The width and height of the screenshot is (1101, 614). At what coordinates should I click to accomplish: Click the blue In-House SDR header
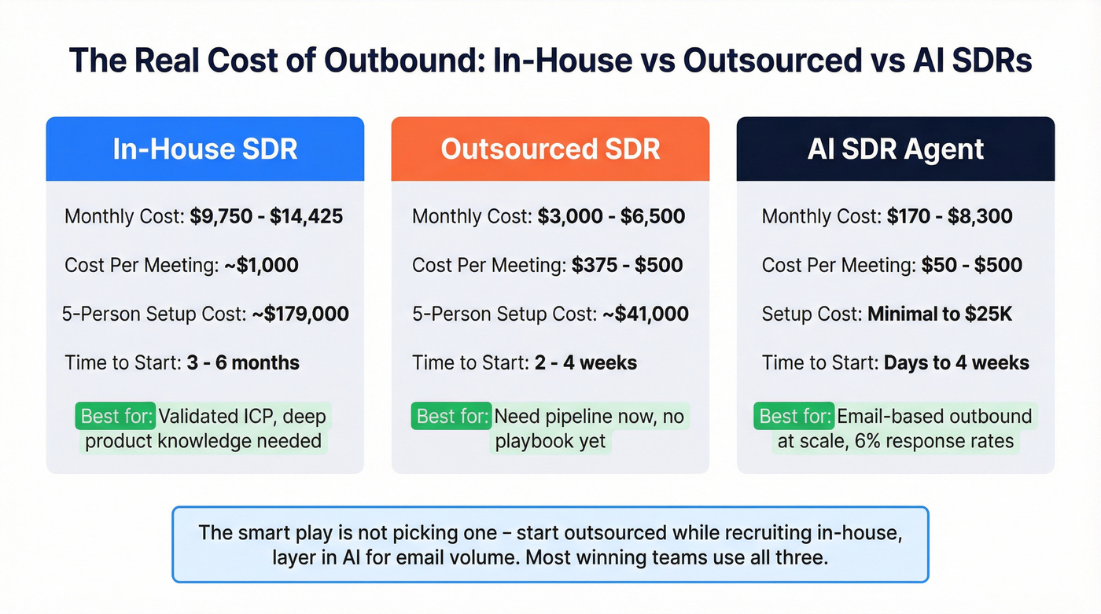pyautogui.click(x=204, y=149)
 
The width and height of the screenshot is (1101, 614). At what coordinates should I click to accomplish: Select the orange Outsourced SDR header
pyautogui.click(x=550, y=149)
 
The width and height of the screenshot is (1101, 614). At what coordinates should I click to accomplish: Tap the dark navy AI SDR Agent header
pyautogui.click(x=895, y=149)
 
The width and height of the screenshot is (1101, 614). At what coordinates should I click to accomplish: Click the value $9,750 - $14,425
pyautogui.click(x=267, y=216)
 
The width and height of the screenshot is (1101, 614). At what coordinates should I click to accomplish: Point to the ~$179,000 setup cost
pyautogui.click(x=300, y=314)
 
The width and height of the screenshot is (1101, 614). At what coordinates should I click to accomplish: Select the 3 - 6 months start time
pyautogui.click(x=243, y=362)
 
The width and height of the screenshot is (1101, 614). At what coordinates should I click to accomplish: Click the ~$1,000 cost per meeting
pyautogui.click(x=261, y=265)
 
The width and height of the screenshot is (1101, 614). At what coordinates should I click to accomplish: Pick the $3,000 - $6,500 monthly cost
pyautogui.click(x=611, y=216)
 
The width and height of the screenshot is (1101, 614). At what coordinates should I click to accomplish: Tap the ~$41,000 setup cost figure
pyautogui.click(x=645, y=314)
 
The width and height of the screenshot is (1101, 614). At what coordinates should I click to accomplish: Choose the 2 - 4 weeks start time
pyautogui.click(x=585, y=362)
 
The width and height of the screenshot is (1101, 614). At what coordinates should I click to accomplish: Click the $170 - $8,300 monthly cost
pyautogui.click(x=949, y=216)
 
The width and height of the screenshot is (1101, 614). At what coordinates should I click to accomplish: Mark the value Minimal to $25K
pyautogui.click(x=940, y=314)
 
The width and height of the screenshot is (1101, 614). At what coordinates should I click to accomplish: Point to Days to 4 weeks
pyautogui.click(x=956, y=362)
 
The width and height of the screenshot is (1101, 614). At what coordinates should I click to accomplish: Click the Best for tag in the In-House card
pyautogui.click(x=116, y=416)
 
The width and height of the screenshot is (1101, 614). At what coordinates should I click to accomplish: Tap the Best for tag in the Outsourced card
pyautogui.click(x=451, y=416)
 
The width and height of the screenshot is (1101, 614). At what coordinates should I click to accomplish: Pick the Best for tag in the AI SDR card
pyautogui.click(x=794, y=416)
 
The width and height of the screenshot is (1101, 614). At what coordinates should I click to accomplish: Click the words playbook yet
pyautogui.click(x=550, y=441)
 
